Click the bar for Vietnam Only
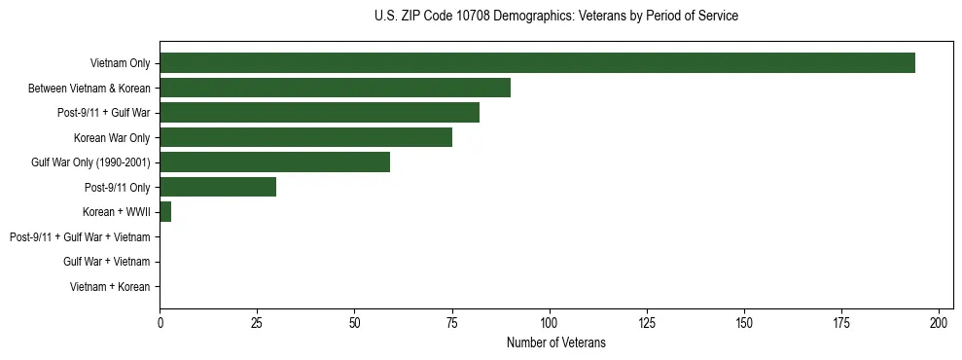537,63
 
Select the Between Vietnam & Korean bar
335,89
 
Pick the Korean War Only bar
305,138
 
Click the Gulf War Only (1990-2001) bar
274,162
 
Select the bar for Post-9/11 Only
218,188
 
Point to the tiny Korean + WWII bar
165,212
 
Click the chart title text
555,17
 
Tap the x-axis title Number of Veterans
555,342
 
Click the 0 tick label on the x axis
160,322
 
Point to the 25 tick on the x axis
257,322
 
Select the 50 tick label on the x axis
354,322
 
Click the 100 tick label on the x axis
550,322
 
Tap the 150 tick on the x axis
744,322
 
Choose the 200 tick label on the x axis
939,322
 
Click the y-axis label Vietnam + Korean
110,287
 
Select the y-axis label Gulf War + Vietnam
106,262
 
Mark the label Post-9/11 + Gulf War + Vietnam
80,237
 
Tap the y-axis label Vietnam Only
120,63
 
